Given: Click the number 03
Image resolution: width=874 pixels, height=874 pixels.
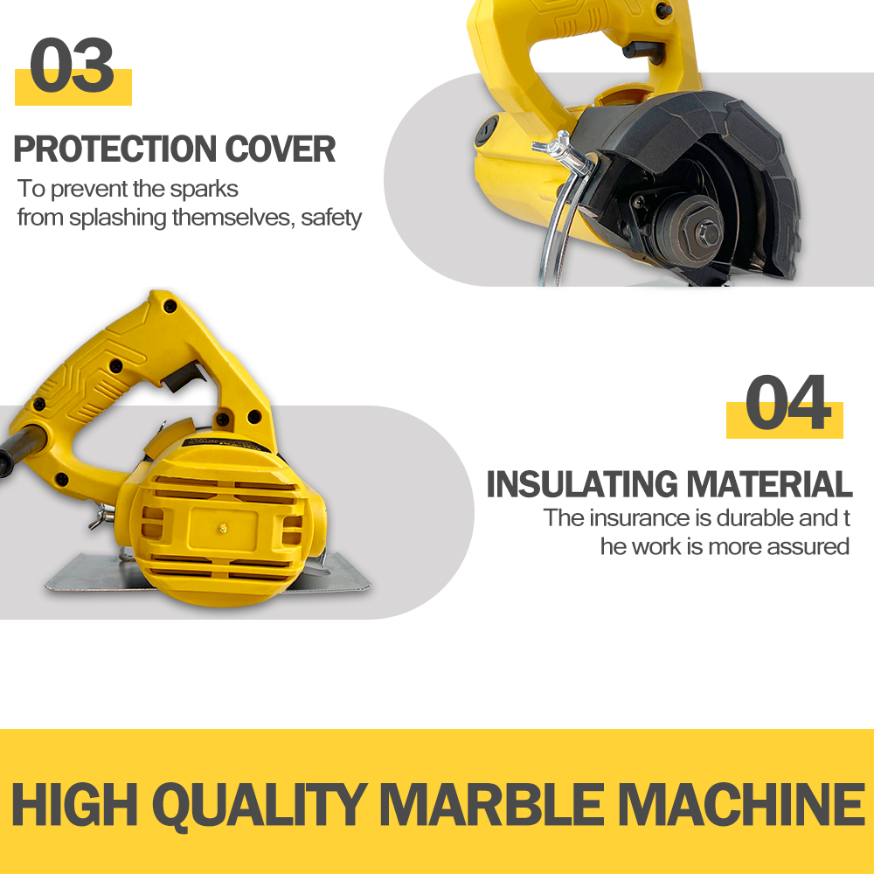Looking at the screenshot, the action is (72, 66).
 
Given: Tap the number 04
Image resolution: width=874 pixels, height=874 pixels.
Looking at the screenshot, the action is (787, 402).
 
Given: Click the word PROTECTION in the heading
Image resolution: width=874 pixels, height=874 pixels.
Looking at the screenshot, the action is (114, 149).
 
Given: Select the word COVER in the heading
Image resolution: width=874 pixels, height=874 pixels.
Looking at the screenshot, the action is (280, 149).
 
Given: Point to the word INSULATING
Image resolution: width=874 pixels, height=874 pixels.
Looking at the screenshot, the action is (581, 484).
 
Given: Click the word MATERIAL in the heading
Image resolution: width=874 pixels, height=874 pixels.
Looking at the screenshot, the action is (769, 484).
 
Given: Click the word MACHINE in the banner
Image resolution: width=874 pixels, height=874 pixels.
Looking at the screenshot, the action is (741, 804).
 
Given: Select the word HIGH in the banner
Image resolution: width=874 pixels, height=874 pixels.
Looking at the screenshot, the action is (74, 804).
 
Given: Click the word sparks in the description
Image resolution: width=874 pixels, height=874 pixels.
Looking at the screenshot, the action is (204, 190).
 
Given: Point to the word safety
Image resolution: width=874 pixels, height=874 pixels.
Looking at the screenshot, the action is (331, 218).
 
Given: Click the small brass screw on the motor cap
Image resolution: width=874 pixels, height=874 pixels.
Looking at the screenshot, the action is (222, 527).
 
